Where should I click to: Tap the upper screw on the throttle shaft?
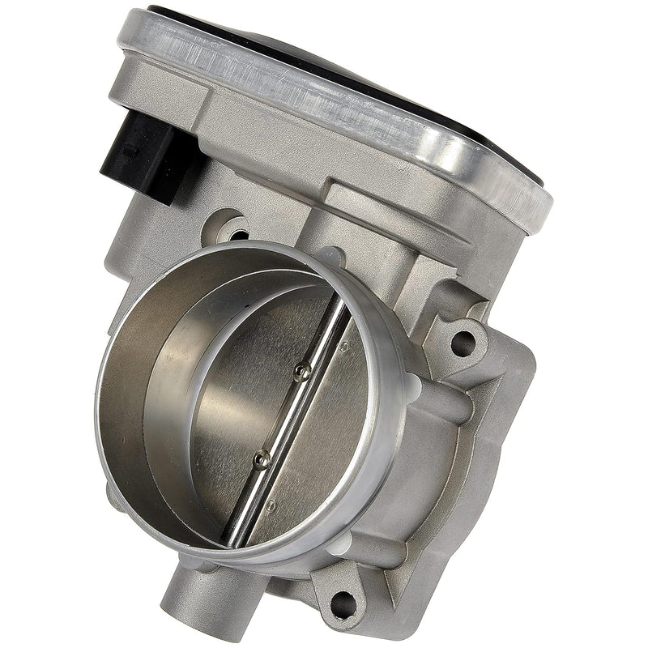(x=301, y=371)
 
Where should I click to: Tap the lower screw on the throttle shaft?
(x=260, y=458)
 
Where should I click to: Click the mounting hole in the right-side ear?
(x=463, y=343)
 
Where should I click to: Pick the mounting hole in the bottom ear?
(x=343, y=603)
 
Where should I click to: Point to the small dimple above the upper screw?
(x=343, y=349)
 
